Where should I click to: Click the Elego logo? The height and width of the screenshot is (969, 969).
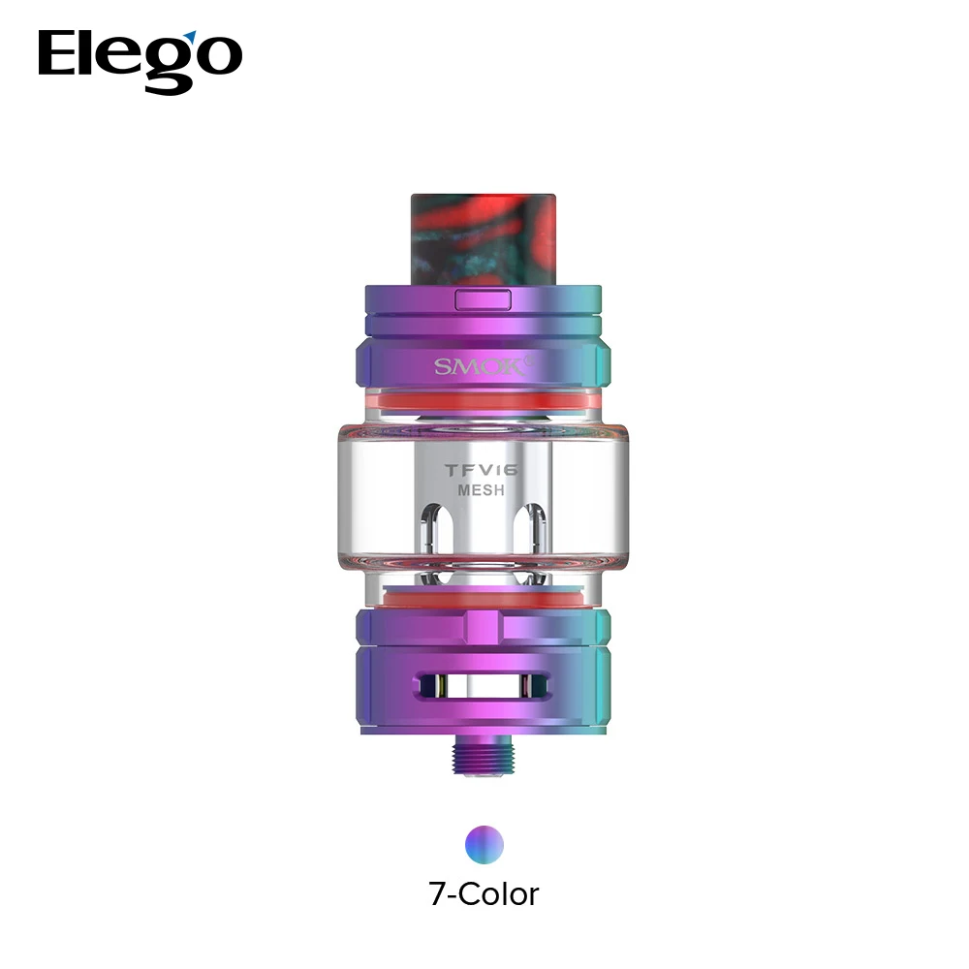coord(140,57)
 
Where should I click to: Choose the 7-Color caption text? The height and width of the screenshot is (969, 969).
coord(484,892)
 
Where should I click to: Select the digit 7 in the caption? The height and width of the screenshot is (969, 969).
coord(439,892)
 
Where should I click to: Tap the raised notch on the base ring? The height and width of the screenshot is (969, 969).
coord(482,626)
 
